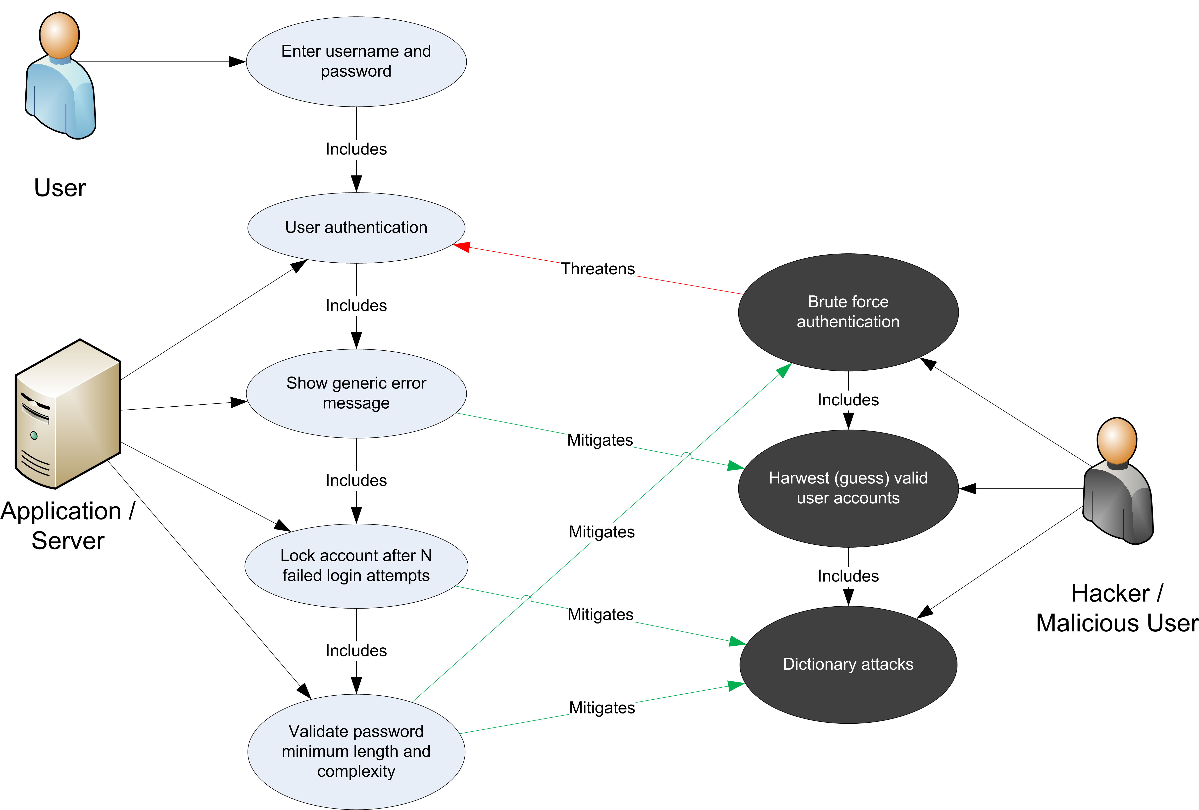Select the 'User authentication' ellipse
coord(356,228)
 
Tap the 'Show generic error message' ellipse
coord(356,393)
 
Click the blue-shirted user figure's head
coord(59,35)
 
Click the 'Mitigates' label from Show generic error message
coord(599,440)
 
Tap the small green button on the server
coord(34,435)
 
